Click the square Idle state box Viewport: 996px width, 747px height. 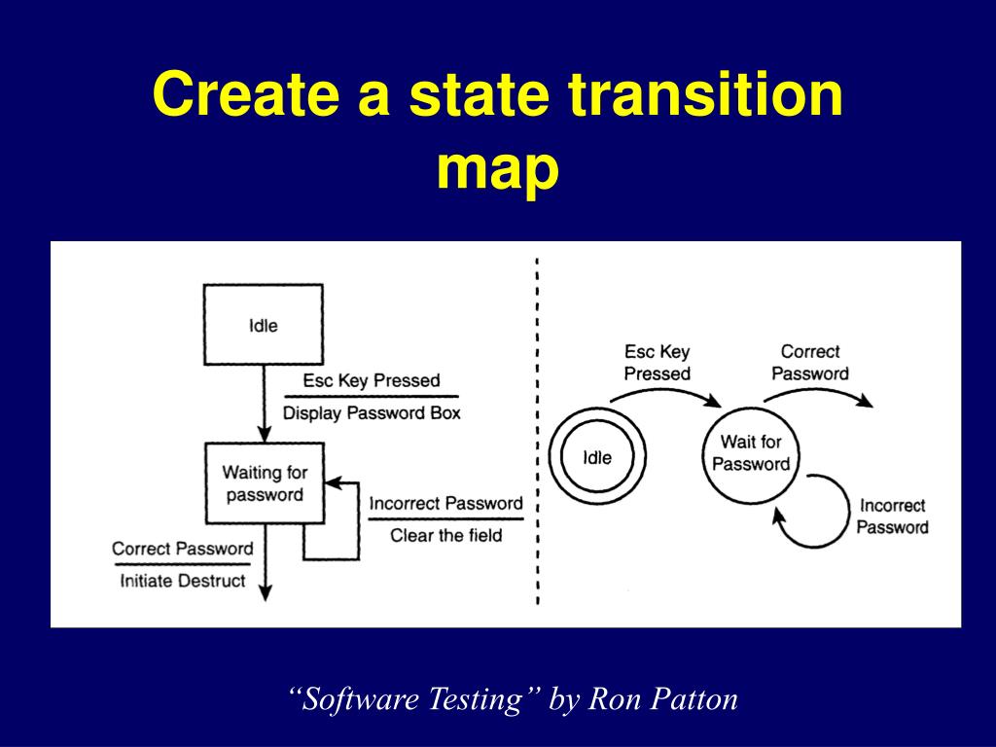pos(263,325)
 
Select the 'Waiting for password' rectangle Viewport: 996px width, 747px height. pos(265,483)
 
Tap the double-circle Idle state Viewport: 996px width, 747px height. pos(597,456)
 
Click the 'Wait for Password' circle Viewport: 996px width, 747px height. pos(750,453)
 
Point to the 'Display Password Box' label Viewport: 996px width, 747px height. pos(372,412)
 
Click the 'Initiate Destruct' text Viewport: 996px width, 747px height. pos(183,581)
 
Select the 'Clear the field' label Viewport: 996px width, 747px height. pos(446,534)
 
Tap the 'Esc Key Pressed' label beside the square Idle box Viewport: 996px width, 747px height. pos(372,380)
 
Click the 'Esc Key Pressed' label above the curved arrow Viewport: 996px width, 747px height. pos(657,363)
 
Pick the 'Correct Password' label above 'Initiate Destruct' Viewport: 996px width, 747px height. pos(183,549)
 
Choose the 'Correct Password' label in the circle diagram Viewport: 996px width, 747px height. pos(810,362)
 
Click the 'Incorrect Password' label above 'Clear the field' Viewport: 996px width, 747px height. pos(446,503)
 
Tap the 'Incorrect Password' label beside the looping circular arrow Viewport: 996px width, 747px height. pos(892,516)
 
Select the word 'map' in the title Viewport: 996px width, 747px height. pos(497,167)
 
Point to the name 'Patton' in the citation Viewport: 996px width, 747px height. pos(694,698)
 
